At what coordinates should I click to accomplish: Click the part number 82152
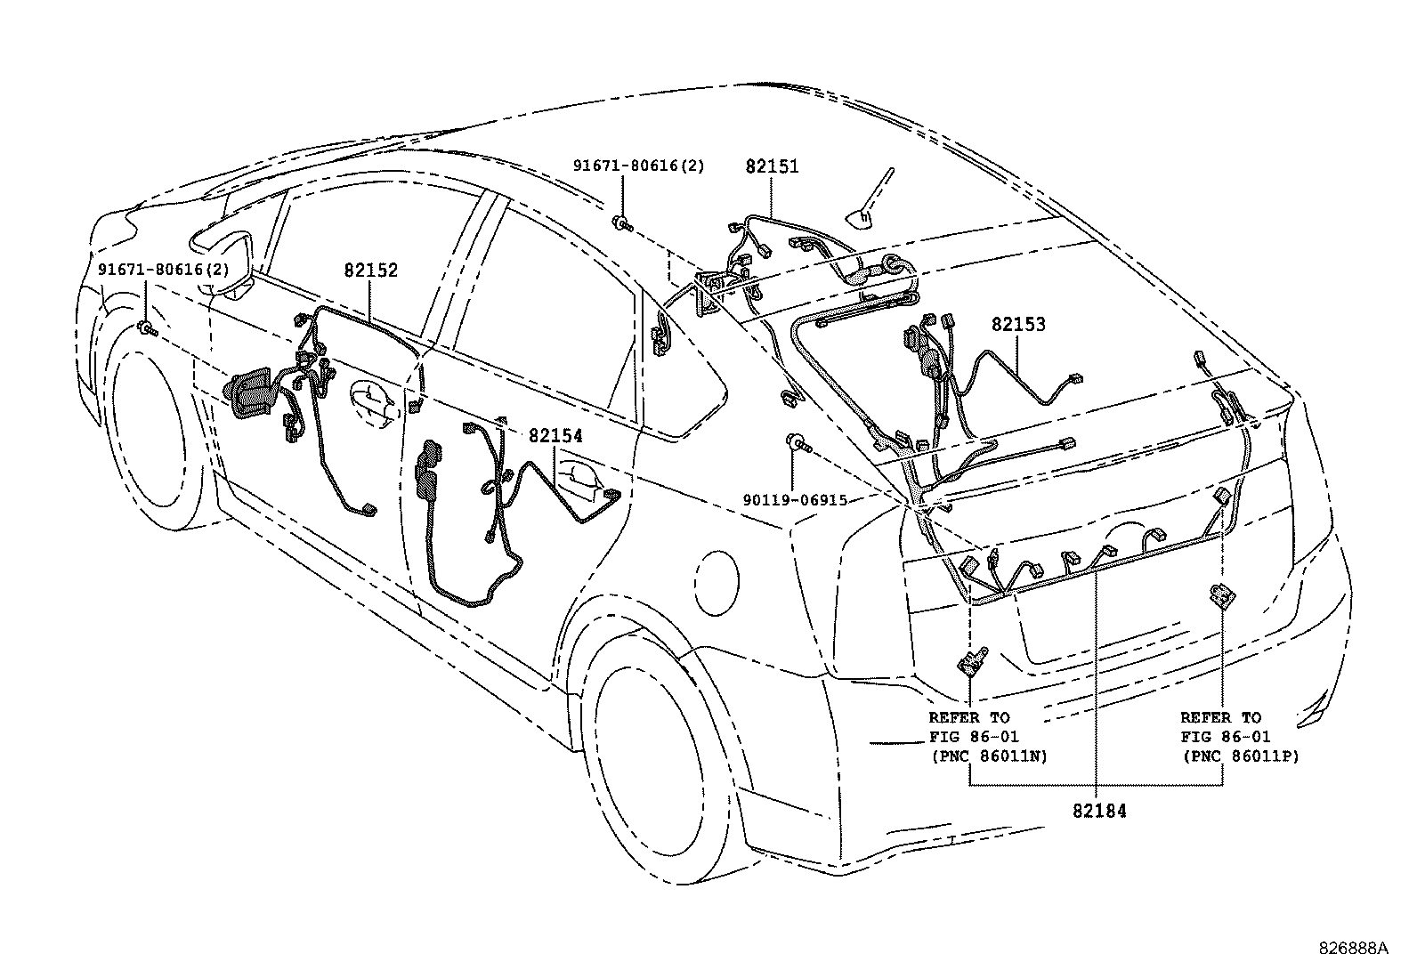(x=371, y=271)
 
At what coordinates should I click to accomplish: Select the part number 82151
(x=772, y=166)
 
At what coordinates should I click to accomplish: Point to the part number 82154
(x=555, y=436)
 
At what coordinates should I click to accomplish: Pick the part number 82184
(x=1099, y=812)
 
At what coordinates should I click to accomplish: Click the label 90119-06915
(x=795, y=501)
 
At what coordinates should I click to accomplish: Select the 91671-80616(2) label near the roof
(x=638, y=166)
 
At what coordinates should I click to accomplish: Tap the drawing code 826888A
(x=1352, y=948)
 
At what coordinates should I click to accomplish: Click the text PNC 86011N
(x=988, y=756)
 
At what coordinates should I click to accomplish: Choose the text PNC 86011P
(x=1240, y=756)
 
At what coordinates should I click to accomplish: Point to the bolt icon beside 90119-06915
(x=795, y=441)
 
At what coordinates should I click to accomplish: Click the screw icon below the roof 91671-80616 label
(x=622, y=222)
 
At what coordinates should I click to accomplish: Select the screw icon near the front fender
(x=147, y=330)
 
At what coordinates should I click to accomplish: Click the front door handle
(x=374, y=400)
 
